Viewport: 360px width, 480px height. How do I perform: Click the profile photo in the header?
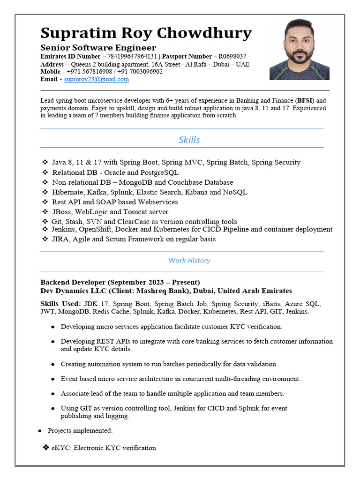click(299, 49)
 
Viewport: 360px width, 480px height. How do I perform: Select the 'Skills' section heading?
click(189, 140)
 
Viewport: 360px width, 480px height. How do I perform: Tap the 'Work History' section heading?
click(189, 260)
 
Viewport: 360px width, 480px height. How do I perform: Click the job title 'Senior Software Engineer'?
click(98, 48)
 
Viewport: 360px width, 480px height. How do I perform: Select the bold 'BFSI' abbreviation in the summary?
click(306, 100)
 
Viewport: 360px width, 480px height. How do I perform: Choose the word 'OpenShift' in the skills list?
click(94, 229)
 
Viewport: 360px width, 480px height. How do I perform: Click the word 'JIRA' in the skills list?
click(60, 239)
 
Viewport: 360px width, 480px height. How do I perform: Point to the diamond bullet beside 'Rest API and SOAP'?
click(45, 202)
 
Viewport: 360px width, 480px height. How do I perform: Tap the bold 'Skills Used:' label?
click(60, 304)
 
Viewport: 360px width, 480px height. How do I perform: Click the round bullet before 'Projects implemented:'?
click(40, 431)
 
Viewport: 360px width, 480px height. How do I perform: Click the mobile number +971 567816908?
click(90, 71)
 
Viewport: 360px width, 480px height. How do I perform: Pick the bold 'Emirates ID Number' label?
click(70, 56)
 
